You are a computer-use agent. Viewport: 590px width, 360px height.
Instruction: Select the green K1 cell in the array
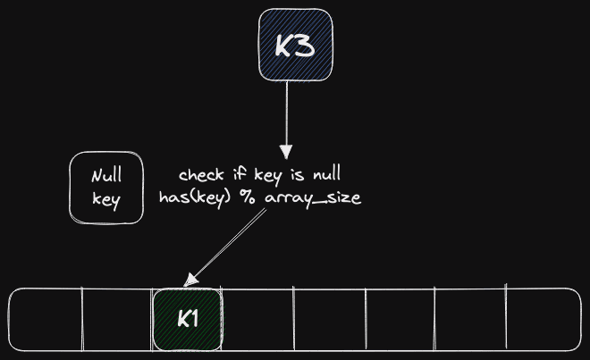187,319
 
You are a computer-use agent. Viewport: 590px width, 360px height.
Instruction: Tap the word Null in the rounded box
106,176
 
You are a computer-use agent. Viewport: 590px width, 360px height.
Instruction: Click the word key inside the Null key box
105,197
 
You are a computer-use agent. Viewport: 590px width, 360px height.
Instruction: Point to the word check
201,174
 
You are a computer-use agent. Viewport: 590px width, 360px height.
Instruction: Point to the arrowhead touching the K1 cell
190,281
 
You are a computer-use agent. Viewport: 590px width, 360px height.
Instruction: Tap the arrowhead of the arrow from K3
286,152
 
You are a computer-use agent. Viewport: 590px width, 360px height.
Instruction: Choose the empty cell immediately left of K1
117,319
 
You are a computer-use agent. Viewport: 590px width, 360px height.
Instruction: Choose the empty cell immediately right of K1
257,319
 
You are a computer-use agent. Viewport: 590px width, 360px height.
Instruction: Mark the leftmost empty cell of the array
46,319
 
